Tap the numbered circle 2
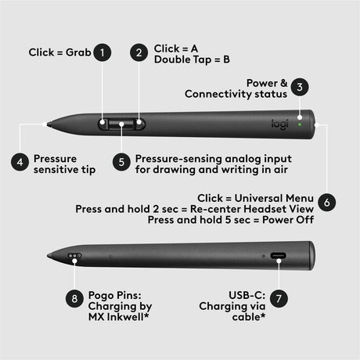click(139, 52)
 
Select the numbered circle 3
click(301, 88)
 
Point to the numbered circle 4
click(20, 162)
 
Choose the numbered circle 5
click(121, 162)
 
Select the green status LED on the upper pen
click(299, 123)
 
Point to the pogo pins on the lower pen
click(75, 256)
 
